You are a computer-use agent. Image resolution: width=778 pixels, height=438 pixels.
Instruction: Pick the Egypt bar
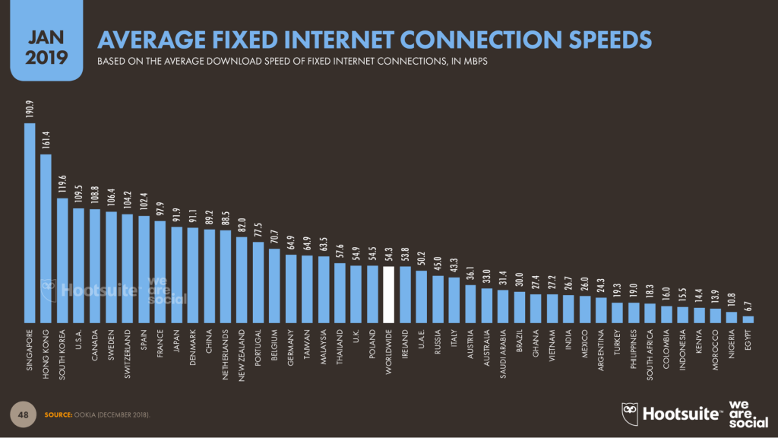tap(748, 319)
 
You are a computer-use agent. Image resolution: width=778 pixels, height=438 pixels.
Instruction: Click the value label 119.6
tap(62, 184)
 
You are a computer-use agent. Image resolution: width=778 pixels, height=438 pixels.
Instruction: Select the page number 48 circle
tap(24, 413)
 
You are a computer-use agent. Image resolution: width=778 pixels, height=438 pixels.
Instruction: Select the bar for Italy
tap(454, 300)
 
